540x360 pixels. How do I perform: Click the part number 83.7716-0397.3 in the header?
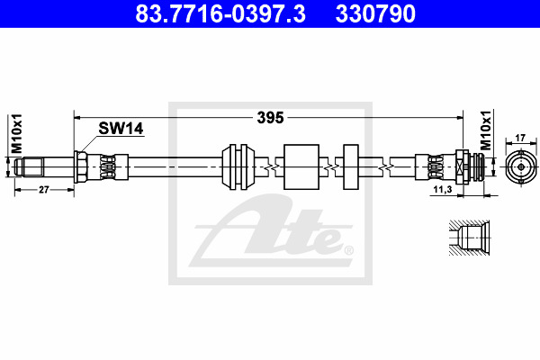pyautogui.click(x=220, y=13)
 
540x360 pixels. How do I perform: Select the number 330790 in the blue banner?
pyautogui.click(x=375, y=13)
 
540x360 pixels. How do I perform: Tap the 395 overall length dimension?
pyautogui.click(x=270, y=118)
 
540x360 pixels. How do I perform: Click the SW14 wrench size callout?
pyautogui.click(x=121, y=129)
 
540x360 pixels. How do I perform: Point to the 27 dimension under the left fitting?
pyautogui.click(x=44, y=190)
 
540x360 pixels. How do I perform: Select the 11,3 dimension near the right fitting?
pyautogui.click(x=443, y=189)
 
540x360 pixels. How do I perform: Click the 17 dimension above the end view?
pyautogui.click(x=520, y=138)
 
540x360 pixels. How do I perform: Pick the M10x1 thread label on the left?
pyautogui.click(x=16, y=134)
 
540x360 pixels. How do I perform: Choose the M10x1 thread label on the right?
pyautogui.click(x=486, y=130)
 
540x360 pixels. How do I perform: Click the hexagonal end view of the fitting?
pyautogui.click(x=521, y=167)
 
